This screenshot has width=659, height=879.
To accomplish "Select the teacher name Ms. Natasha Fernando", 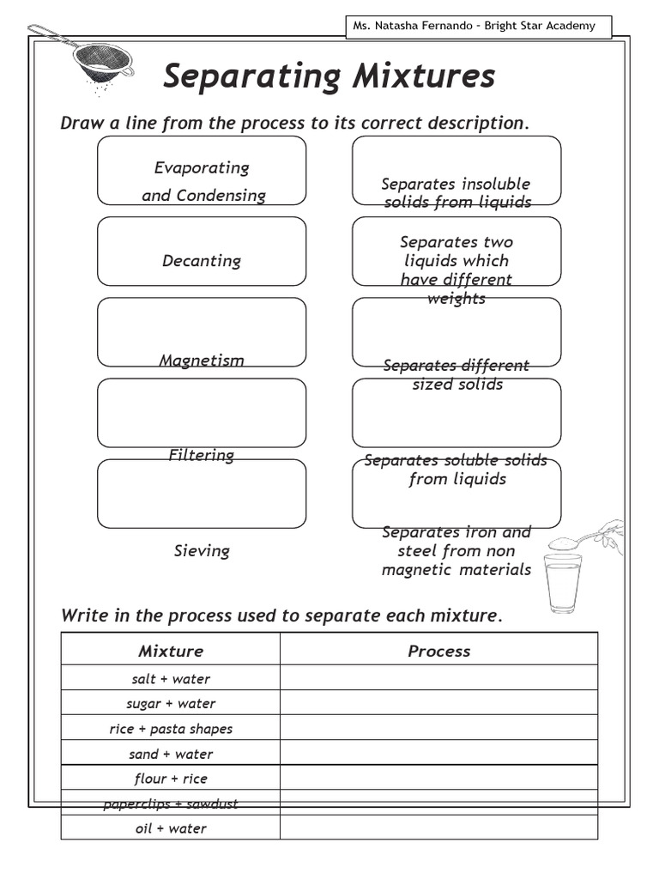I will coord(413,26).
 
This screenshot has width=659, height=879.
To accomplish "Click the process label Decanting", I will coord(202,261).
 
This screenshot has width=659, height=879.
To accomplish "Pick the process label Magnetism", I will coord(202,361).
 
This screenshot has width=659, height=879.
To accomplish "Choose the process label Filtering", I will coord(202,455).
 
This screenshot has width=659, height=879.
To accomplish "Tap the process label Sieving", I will coord(202,550).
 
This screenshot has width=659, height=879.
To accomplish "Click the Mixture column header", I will coord(171,651).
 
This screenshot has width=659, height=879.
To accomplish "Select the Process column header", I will coord(438,651).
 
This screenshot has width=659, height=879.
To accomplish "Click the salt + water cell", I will coord(171,678).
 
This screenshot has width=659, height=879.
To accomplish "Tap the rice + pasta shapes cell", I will coord(171,729).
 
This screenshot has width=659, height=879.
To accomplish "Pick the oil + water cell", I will coord(171,828).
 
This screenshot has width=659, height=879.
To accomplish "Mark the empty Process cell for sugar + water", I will coord(438,703).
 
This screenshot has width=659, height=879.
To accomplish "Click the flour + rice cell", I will coord(171,779).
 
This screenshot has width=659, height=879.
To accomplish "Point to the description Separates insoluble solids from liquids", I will coord(456,193).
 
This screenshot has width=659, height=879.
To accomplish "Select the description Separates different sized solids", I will coord(456,374).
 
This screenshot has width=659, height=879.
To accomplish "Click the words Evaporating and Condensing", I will coord(203,181).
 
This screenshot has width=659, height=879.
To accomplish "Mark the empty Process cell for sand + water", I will coord(438,754).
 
